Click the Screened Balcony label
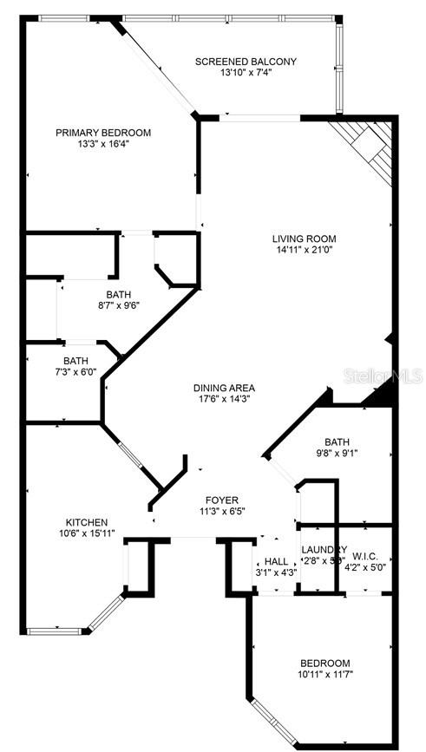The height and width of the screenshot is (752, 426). click(246, 62)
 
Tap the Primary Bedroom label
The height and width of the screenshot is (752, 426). click(103, 133)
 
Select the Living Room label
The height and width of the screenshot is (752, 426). click(304, 239)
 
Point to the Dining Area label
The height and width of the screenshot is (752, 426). click(224, 388)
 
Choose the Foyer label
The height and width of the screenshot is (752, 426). click(221, 500)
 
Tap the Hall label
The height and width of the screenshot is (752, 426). click(276, 561)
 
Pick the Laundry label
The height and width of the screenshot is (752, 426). click(323, 550)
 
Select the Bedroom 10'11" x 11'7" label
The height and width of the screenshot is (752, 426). click(325, 662)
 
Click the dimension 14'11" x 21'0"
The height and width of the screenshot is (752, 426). click(304, 251)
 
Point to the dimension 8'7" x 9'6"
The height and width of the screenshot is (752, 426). click(119, 304)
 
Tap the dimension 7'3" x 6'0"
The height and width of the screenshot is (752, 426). click(75, 372)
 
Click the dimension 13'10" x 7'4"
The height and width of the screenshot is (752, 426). click(246, 73)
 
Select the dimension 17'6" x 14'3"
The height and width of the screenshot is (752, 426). click(224, 400)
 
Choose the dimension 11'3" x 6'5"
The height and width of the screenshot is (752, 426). click(221, 513)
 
